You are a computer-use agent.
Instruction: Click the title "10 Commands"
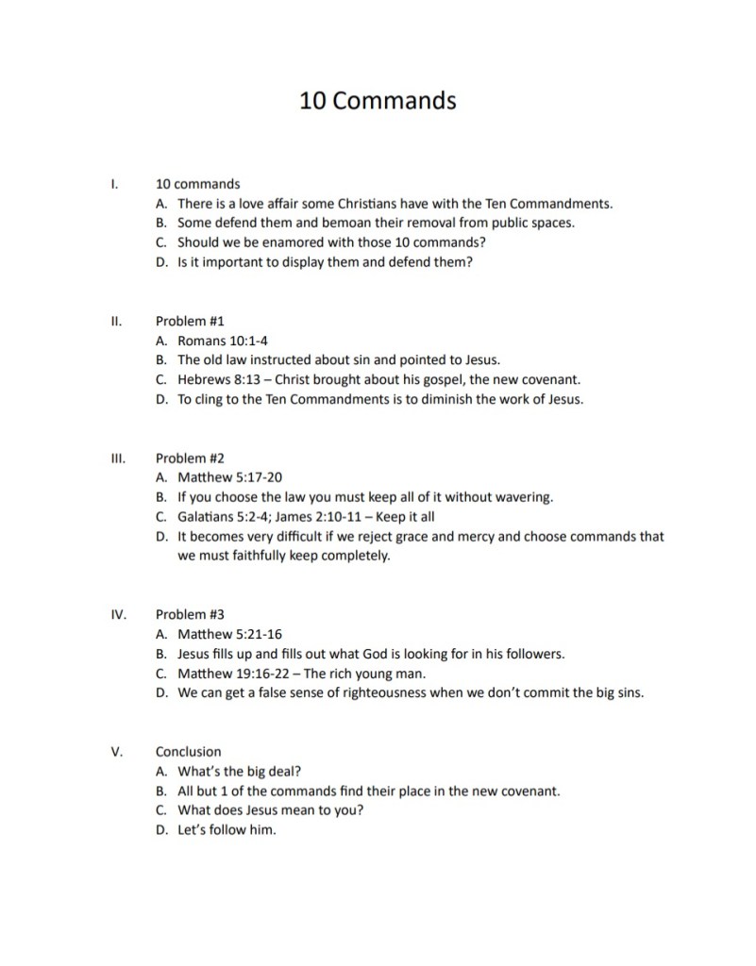tap(378, 100)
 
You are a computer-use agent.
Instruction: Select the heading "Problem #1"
tap(189, 321)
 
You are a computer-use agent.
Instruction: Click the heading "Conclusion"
tap(188, 752)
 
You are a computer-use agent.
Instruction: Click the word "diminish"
tap(447, 399)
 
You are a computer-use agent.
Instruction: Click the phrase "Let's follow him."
tap(227, 831)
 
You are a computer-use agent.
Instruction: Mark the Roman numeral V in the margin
tap(115, 752)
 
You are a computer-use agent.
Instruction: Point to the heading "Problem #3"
tap(189, 614)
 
